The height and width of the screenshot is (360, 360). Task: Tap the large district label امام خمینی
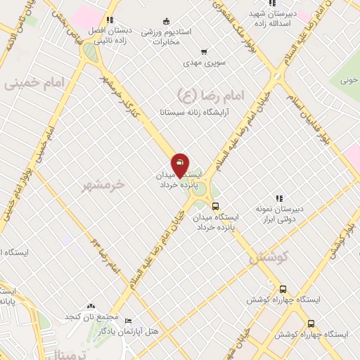[x=33, y=84]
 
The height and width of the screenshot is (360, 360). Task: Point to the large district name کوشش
[x=268, y=258]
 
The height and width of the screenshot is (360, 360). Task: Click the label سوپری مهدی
[x=204, y=63]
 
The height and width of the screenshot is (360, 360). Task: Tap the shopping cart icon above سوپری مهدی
[x=204, y=51]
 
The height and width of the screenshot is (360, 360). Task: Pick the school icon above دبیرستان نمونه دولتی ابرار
[x=280, y=199]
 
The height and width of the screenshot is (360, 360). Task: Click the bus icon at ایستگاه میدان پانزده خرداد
[x=215, y=207]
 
